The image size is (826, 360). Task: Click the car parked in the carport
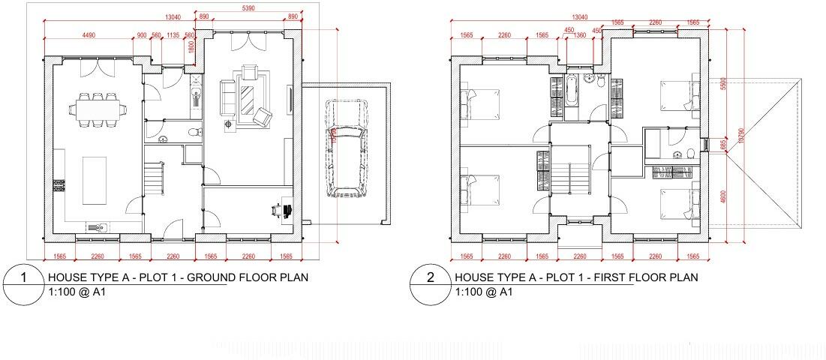pos(345,148)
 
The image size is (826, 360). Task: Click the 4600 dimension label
pos(722,196)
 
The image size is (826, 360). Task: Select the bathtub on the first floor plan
pos(572,91)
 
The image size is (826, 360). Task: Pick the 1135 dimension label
pos(173,35)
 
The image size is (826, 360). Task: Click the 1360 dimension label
pos(579,35)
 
